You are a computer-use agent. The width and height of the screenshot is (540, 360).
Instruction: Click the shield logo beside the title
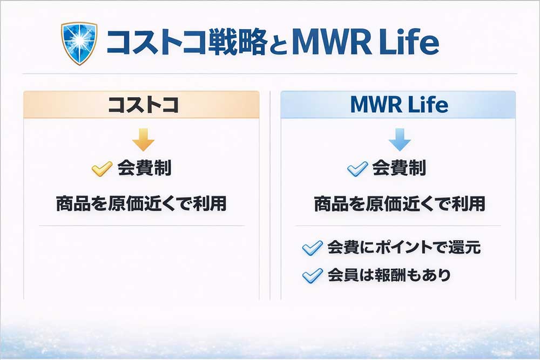79,43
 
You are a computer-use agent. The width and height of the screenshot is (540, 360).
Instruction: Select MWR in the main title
332,43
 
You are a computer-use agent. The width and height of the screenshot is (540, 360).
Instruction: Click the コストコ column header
143,105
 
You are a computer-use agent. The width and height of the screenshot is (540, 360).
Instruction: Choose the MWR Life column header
399,105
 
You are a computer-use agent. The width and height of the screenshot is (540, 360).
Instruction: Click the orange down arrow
143,140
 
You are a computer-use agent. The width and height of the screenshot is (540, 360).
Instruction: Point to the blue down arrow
400,140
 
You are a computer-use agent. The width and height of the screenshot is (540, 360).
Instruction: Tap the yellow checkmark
102,168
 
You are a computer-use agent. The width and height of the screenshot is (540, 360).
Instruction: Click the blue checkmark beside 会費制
357,168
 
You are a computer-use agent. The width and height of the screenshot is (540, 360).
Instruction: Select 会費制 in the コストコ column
144,168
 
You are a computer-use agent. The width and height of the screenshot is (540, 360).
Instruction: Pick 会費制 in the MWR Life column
399,168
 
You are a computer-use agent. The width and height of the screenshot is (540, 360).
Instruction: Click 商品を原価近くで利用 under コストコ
141,203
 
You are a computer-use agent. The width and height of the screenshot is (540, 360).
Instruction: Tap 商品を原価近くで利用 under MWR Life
400,203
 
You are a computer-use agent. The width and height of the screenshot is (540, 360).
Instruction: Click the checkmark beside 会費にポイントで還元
312,248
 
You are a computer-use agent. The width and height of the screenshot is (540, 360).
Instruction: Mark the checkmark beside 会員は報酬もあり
312,276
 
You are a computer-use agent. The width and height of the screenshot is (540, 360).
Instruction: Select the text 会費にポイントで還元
404,247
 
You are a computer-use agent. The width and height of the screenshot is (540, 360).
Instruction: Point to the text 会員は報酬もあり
389,275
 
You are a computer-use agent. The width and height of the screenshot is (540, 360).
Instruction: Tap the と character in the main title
278,45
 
